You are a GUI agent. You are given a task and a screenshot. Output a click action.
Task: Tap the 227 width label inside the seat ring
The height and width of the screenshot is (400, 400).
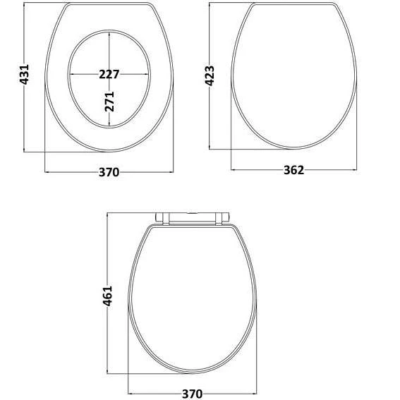pos(109,73)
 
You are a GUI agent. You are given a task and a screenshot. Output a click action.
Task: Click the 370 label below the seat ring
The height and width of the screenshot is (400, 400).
pos(109,171)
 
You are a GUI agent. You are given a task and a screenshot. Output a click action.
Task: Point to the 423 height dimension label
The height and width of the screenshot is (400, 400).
pos(210,76)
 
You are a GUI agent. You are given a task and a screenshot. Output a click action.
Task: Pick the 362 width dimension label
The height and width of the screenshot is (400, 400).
pos(293,170)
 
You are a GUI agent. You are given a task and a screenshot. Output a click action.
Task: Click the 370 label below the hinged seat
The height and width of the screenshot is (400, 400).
pos(192,393)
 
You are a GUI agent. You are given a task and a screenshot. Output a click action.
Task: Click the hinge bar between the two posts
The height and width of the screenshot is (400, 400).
pos(192,214)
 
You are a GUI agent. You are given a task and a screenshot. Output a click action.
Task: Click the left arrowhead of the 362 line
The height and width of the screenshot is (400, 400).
pos(235,171)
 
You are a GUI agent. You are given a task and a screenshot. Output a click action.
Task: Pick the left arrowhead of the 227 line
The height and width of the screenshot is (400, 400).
pos(71,74)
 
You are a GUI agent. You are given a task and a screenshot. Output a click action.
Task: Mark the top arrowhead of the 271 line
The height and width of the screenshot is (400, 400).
pos(109,32)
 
